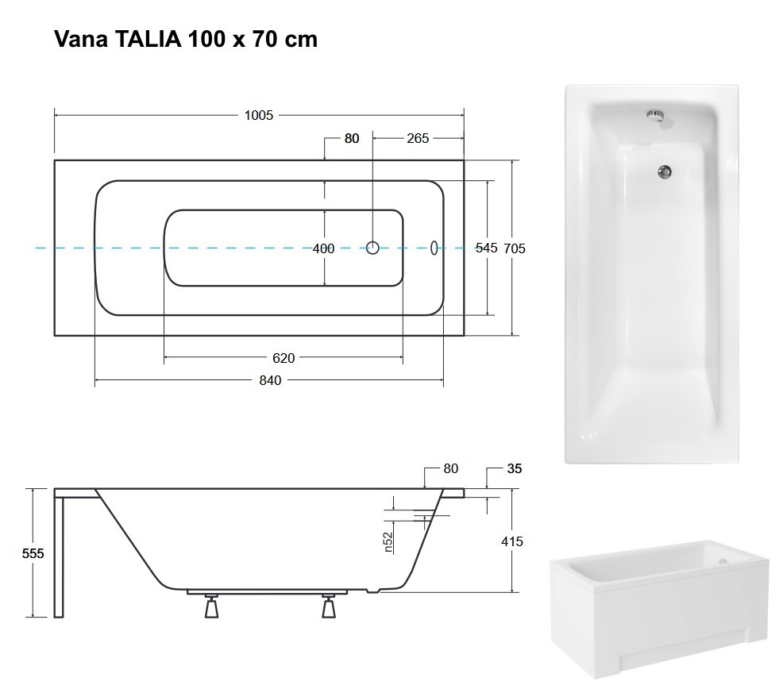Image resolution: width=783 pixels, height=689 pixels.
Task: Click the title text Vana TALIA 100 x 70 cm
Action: click(x=186, y=40)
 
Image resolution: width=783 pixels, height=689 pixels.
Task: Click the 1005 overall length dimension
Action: click(x=259, y=115)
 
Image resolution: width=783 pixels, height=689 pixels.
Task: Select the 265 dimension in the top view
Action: click(x=418, y=138)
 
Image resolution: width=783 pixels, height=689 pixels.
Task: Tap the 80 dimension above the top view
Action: click(x=351, y=138)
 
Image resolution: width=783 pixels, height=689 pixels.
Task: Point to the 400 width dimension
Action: click(x=323, y=248)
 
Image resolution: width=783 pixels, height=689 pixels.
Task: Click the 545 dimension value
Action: click(x=486, y=248)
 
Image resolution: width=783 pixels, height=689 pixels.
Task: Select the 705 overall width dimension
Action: click(x=515, y=248)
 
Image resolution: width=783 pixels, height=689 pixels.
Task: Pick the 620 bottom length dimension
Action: click(x=283, y=358)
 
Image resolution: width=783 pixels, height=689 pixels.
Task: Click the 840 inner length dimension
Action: click(x=270, y=380)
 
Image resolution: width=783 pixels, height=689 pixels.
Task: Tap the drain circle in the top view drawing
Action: click(x=373, y=248)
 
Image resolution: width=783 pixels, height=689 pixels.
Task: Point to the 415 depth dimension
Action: click(x=513, y=541)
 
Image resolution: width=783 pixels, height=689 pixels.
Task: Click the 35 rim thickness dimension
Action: click(x=514, y=468)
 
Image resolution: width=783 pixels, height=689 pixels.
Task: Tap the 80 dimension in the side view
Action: click(x=451, y=468)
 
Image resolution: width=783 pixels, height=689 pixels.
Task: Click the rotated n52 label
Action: click(x=388, y=541)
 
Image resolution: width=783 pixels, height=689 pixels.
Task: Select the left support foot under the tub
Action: click(x=211, y=607)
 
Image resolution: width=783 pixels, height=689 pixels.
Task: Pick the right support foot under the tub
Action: click(x=329, y=607)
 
